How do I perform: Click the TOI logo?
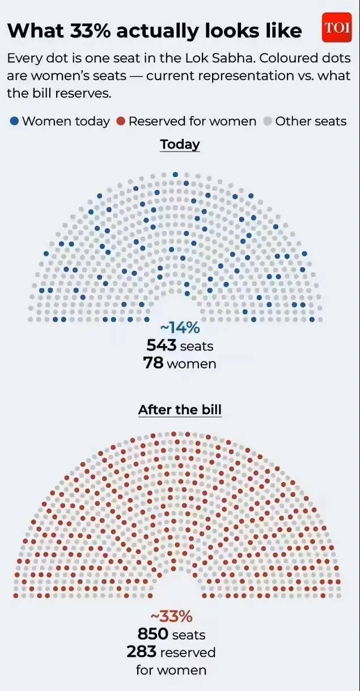pos(337,28)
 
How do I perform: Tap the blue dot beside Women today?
pos(14,121)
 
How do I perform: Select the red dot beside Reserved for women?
pos(120,121)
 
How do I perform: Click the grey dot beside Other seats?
pos(268,121)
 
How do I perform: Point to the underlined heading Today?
pos(180,144)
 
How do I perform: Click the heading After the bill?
pos(180,410)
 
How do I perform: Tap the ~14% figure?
pos(180,328)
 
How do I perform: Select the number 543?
pos(162,345)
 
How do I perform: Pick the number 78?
pos(154,363)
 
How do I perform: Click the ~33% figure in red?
pos(171,617)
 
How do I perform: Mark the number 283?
pos(141,652)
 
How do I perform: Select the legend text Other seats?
pos(311,121)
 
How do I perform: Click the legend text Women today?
pos(66,121)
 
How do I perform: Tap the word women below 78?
pos(192,364)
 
